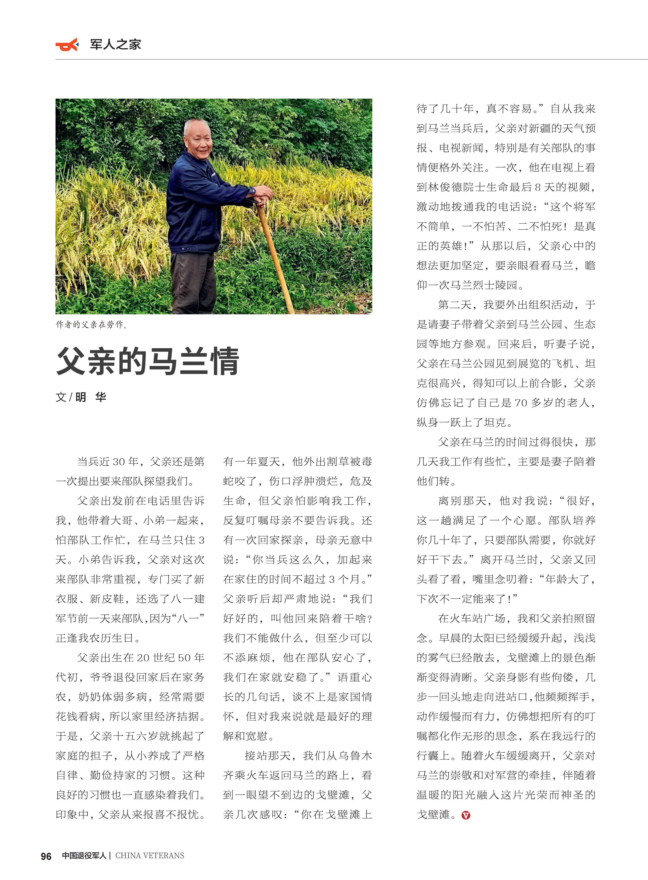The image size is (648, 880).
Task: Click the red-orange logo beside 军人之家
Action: [67, 45]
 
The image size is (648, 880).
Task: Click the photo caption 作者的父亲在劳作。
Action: [91, 325]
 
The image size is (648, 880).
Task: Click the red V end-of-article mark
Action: [466, 815]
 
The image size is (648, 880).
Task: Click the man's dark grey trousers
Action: [193, 281]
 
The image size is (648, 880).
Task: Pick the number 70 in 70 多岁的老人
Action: [521, 403]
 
